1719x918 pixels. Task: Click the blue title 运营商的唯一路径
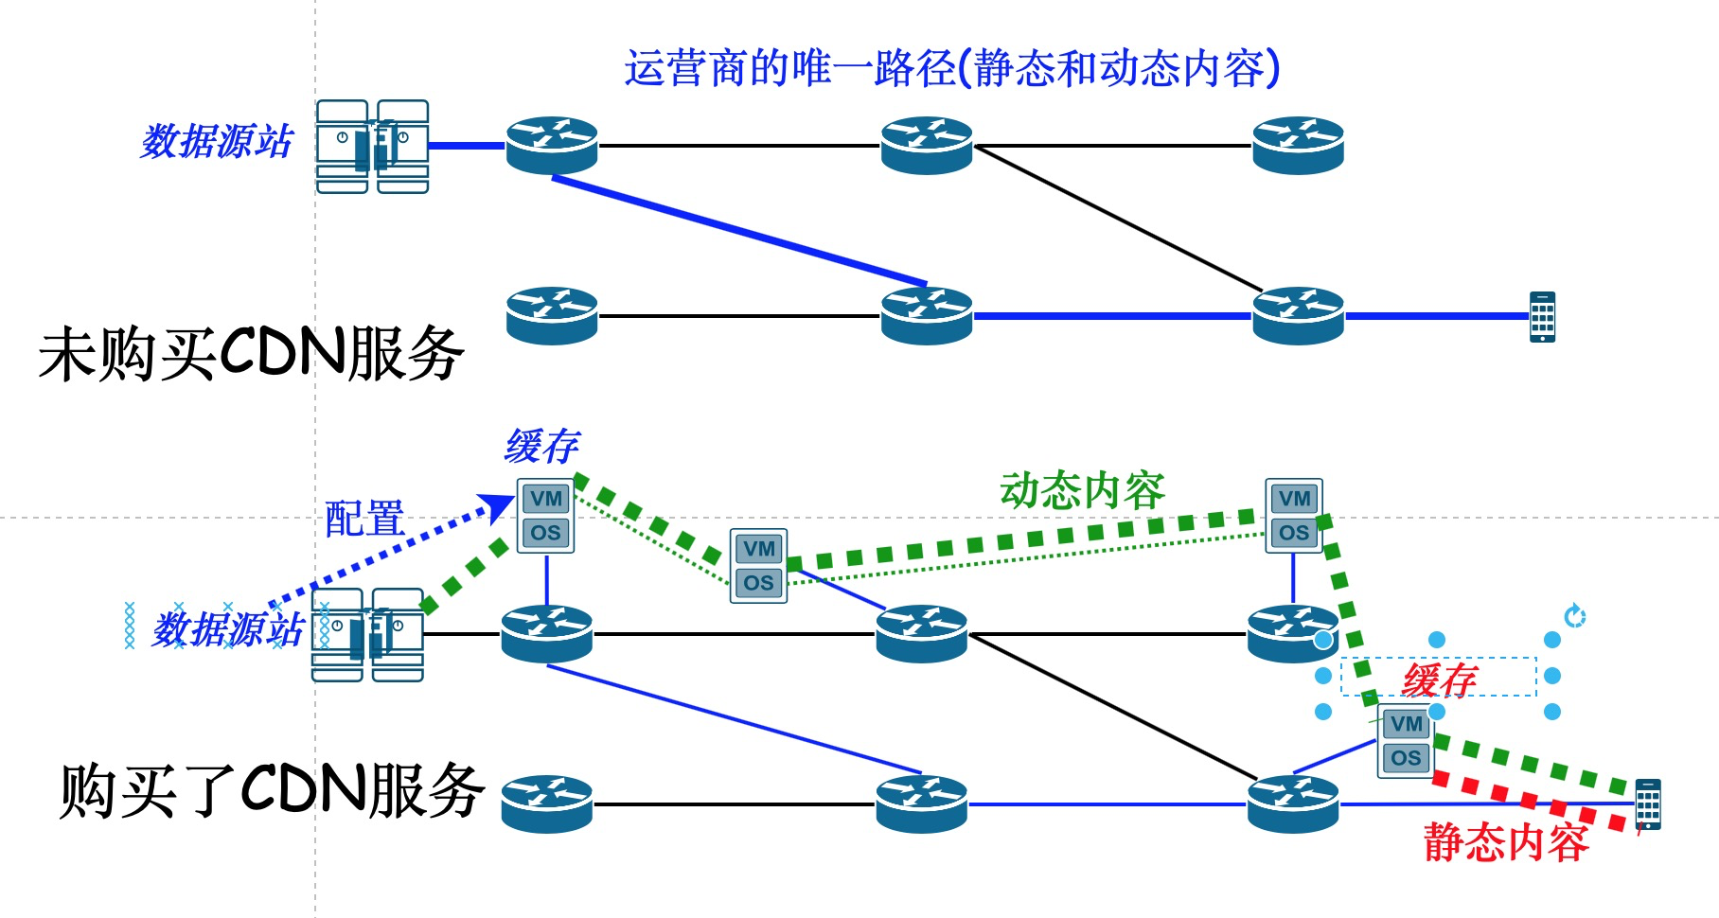coord(951,68)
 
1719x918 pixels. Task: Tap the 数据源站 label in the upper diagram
coord(217,142)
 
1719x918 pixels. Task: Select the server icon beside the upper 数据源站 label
coord(372,147)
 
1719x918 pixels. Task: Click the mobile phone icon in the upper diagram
coord(1542,316)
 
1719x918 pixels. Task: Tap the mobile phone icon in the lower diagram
coord(1648,804)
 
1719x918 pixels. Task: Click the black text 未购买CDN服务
coord(251,354)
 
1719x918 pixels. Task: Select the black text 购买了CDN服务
coord(272,790)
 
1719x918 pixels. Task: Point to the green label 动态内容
coord(1082,491)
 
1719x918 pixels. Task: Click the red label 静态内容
coord(1506,841)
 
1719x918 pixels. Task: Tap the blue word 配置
coord(364,519)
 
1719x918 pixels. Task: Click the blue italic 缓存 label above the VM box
coord(541,446)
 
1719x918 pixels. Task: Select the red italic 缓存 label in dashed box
coord(1439,679)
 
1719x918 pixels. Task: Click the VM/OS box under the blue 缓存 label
coord(546,516)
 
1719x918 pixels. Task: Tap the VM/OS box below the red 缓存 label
coord(1405,741)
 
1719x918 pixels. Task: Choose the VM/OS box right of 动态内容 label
coord(1293,516)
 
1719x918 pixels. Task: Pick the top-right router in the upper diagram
coord(1298,145)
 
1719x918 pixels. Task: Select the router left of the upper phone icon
coord(1298,315)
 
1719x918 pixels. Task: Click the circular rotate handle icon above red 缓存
coord(1574,616)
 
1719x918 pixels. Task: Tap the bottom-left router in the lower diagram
coord(546,803)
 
